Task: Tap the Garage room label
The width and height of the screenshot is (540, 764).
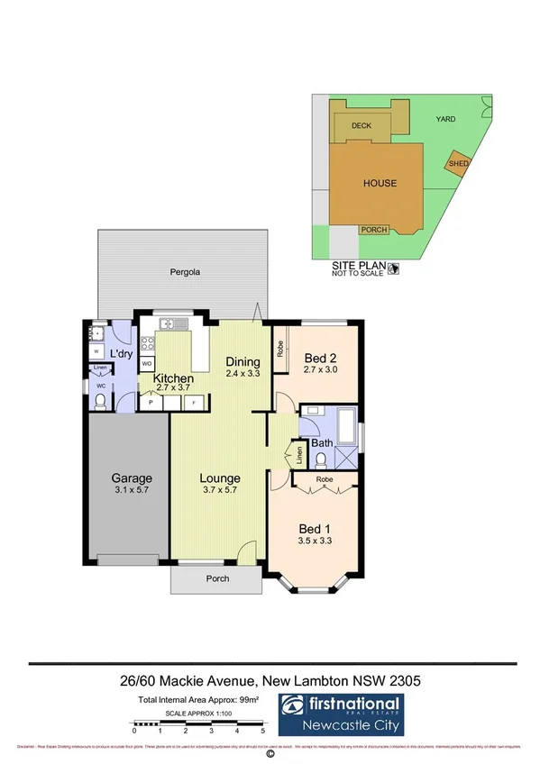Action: tap(132, 478)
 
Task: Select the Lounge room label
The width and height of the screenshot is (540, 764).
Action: tap(219, 478)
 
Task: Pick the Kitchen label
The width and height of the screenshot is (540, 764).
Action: tap(173, 378)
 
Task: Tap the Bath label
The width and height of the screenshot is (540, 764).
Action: tap(322, 443)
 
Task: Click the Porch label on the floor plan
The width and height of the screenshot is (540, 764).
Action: tap(217, 578)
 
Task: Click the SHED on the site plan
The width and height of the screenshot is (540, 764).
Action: tap(458, 164)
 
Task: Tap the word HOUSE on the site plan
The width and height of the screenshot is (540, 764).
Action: tap(380, 184)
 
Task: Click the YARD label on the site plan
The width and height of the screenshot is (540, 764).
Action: tap(445, 119)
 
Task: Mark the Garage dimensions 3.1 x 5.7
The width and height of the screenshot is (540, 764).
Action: tap(132, 491)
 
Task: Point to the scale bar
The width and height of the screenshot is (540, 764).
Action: tap(198, 722)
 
